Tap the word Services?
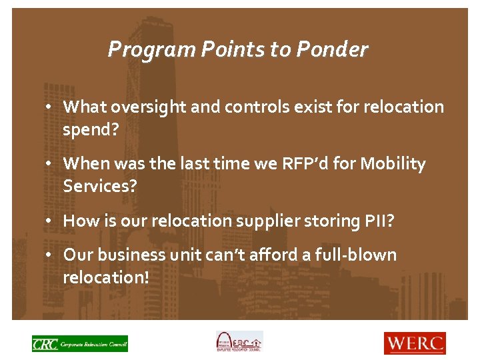pos(99,187)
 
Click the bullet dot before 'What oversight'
pos(51,107)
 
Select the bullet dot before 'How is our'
pos(51,221)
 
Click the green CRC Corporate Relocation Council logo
pos(79,343)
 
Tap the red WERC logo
pos(414,343)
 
